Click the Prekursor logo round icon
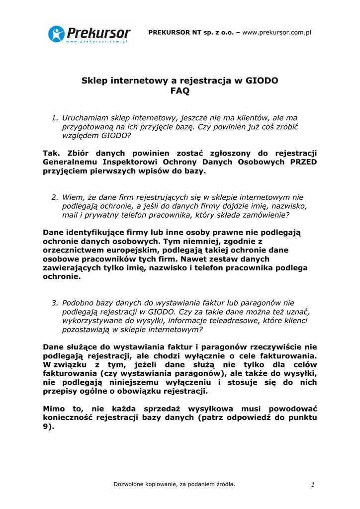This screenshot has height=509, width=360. tap(57, 34)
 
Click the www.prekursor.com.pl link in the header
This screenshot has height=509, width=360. tap(276, 32)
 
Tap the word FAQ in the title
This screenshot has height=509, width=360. tap(180, 91)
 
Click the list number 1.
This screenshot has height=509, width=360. tap(55, 118)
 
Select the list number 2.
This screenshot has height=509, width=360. tap(55, 197)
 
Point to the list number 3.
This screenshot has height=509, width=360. tap(55, 303)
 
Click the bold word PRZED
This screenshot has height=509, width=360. tap(303, 162)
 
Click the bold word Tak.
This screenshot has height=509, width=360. tap(51, 153)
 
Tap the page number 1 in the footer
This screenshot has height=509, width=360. tap(313, 485)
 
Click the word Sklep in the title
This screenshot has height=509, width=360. tap(94, 81)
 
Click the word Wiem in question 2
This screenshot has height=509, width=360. tap(73, 197)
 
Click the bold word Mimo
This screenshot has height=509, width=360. tap(54, 409)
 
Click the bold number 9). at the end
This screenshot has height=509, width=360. tap(48, 426)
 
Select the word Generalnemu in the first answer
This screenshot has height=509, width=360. tap(70, 162)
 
